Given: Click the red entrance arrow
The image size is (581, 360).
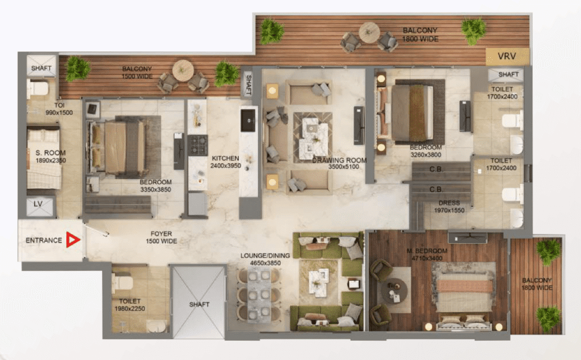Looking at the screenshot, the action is [x=73, y=240].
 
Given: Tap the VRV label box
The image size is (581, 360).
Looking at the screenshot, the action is [x=507, y=56].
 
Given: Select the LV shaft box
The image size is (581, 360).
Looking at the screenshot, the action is [x=40, y=206].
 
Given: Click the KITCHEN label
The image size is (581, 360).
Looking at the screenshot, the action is [x=225, y=158].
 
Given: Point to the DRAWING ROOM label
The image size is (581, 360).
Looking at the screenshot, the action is [x=339, y=160].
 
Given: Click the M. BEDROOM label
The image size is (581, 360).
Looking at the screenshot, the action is [x=427, y=251].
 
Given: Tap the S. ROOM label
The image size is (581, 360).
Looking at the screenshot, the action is [x=50, y=153].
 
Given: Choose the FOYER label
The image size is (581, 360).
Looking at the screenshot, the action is [x=161, y=234].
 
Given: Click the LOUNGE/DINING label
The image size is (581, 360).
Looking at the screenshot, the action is [x=265, y=256].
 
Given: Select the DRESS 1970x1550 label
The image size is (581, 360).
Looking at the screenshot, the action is [x=449, y=207].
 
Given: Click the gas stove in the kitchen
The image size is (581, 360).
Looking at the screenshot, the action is [x=198, y=145].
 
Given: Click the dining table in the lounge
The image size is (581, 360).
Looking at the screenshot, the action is [x=259, y=294].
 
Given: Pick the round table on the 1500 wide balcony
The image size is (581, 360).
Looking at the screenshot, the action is [x=183, y=70].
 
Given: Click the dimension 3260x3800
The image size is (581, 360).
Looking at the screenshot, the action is [x=426, y=155].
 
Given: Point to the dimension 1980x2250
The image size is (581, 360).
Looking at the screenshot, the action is [x=130, y=308].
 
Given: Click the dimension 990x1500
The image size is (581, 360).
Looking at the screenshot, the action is [x=59, y=113].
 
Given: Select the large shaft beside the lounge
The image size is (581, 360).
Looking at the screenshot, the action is [x=199, y=302].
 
